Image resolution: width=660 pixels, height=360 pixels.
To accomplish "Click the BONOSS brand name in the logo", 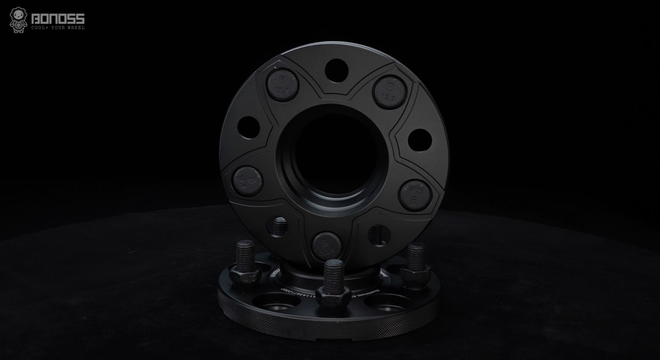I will point(58,20).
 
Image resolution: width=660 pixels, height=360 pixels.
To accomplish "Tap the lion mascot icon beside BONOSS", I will point(18,20).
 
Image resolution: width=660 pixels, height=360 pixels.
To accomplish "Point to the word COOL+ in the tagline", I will point(39,28).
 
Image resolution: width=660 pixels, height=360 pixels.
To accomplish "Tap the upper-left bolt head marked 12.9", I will point(282,84).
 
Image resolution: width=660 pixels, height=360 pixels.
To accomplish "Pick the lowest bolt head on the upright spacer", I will point(327,245).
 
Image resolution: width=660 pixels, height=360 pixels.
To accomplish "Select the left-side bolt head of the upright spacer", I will point(248,180).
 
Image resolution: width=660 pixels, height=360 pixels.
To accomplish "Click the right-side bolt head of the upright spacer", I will point(415,194).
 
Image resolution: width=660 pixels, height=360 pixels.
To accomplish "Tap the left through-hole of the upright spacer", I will point(248,127).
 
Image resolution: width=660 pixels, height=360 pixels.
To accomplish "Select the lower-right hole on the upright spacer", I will point(377,235).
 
